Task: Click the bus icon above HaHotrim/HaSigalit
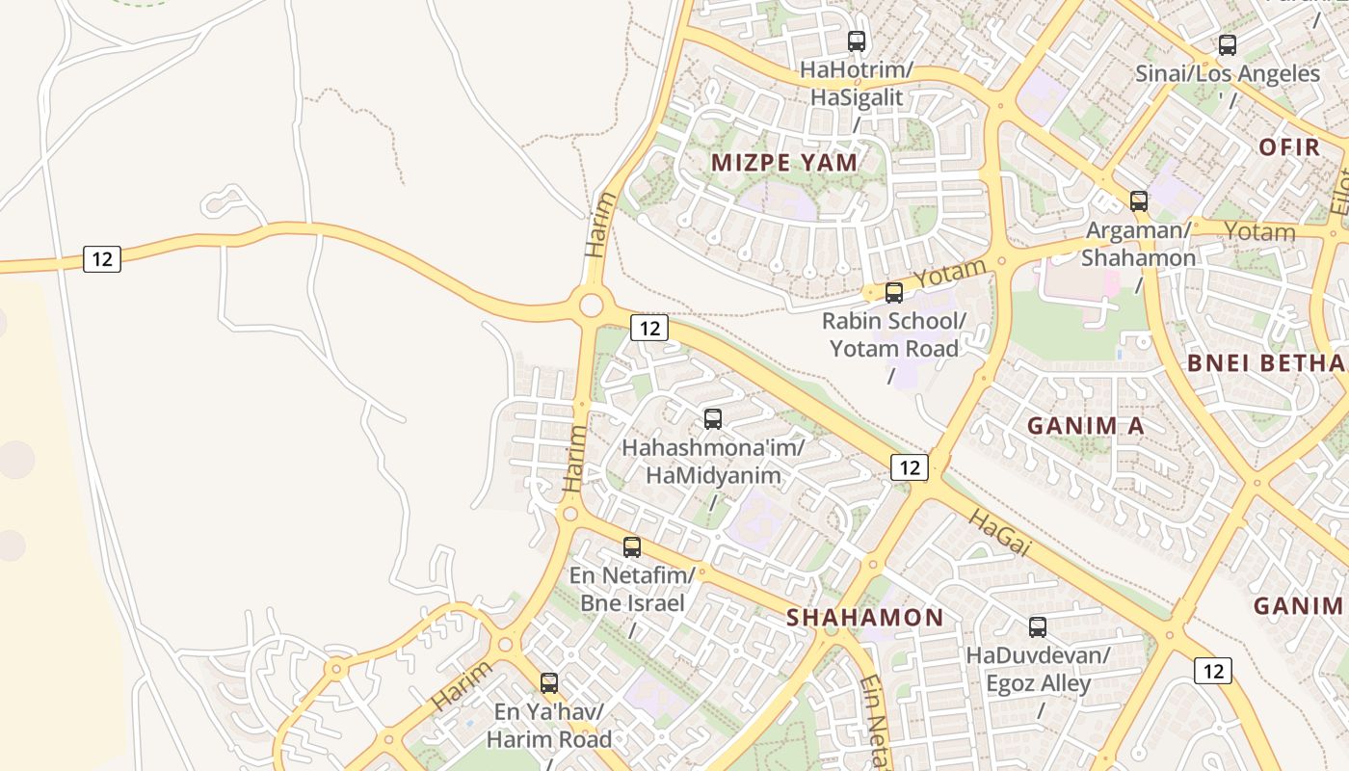(x=856, y=41)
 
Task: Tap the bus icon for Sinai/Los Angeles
(x=1227, y=44)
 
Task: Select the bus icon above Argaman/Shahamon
(x=1139, y=201)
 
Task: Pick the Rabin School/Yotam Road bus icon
(x=894, y=293)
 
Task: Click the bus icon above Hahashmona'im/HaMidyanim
(x=713, y=419)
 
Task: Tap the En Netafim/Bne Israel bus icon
(x=632, y=547)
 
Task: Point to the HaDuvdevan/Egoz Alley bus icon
(x=1038, y=627)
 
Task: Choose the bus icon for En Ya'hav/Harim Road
(x=549, y=683)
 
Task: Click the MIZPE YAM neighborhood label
(x=784, y=163)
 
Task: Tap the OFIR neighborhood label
(x=1289, y=147)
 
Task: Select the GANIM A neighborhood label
(x=1086, y=426)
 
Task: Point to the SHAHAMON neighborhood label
(x=865, y=618)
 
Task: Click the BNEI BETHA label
(x=1266, y=363)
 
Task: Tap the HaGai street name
(x=1000, y=533)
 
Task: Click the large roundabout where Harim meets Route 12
(x=591, y=306)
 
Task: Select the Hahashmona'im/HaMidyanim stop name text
(x=713, y=462)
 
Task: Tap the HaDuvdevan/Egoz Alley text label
(x=1038, y=670)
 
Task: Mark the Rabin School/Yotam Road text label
(x=894, y=334)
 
